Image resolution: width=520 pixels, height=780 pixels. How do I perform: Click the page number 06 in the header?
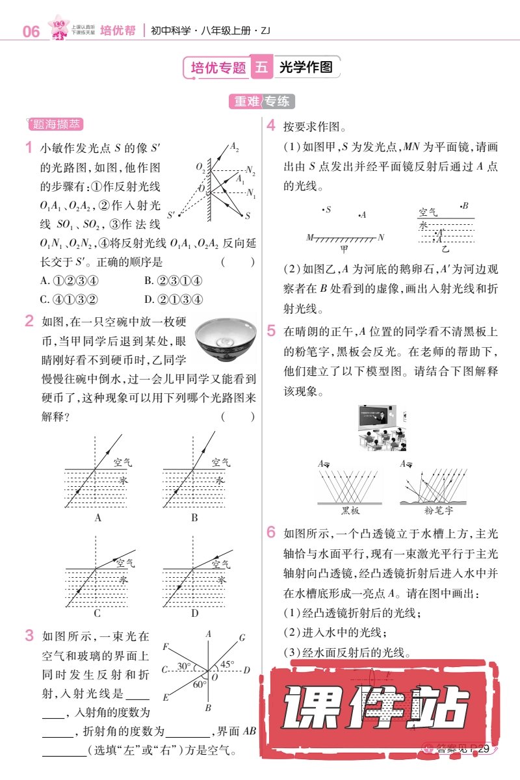click(31, 31)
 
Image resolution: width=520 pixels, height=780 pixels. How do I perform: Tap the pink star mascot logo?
click(60, 28)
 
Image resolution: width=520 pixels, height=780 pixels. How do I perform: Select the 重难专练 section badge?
click(261, 101)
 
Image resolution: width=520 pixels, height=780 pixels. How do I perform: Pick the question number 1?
click(29, 148)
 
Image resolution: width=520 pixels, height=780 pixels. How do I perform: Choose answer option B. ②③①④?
click(173, 281)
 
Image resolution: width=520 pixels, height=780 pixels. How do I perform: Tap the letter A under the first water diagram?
click(97, 518)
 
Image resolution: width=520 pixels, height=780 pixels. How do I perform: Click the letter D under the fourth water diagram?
click(194, 613)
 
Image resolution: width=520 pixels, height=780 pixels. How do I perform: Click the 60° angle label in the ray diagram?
click(200, 684)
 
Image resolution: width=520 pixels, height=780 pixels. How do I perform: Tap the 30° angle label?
click(184, 666)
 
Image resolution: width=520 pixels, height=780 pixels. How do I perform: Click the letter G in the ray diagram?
click(242, 638)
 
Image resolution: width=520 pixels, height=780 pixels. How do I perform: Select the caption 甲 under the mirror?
click(344, 248)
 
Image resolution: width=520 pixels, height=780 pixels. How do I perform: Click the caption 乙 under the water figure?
click(445, 248)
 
